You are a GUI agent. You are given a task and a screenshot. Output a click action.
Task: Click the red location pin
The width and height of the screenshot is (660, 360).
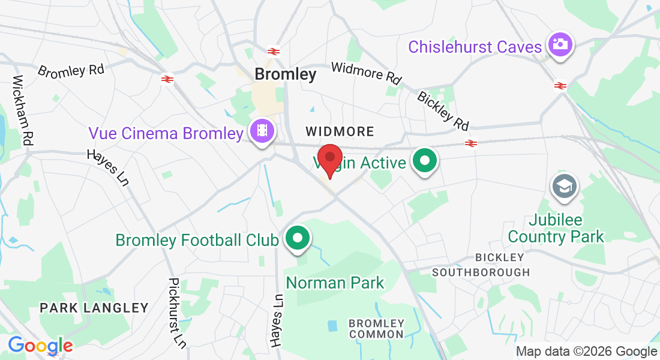(329, 158)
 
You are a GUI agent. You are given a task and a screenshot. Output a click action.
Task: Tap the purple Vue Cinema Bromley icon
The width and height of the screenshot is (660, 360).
(262, 131)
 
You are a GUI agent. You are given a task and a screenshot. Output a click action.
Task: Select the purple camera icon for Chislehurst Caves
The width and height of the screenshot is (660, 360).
(560, 45)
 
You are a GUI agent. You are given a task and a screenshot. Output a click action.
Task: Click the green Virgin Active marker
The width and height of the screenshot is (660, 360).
(425, 161)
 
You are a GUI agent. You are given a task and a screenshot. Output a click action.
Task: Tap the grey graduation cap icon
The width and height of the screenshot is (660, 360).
(563, 186)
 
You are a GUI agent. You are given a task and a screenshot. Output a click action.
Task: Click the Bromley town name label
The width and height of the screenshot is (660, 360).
(285, 74)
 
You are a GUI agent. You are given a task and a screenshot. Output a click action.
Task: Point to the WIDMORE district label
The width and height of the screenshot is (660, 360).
(340, 131)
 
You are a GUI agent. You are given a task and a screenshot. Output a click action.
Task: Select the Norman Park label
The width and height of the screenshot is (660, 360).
(335, 282)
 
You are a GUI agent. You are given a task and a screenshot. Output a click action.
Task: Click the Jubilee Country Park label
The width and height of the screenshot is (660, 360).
(556, 228)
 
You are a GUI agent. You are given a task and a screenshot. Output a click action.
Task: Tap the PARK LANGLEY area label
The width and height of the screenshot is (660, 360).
(94, 308)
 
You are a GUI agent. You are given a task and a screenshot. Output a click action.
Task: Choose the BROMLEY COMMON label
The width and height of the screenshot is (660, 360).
(377, 329)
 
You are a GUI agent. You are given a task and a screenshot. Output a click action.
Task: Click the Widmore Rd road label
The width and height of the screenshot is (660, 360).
(366, 73)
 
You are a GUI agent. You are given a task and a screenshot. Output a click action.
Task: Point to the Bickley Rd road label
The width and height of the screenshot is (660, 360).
(443, 110)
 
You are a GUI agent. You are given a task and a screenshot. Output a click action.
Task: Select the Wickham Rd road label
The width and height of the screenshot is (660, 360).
(22, 110)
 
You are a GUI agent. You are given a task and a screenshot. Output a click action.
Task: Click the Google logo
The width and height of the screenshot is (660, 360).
(40, 346)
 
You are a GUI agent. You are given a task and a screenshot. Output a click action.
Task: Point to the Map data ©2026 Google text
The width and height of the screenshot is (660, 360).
(587, 352)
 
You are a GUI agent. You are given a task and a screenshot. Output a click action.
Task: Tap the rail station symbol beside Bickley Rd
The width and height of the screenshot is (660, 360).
(471, 143)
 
